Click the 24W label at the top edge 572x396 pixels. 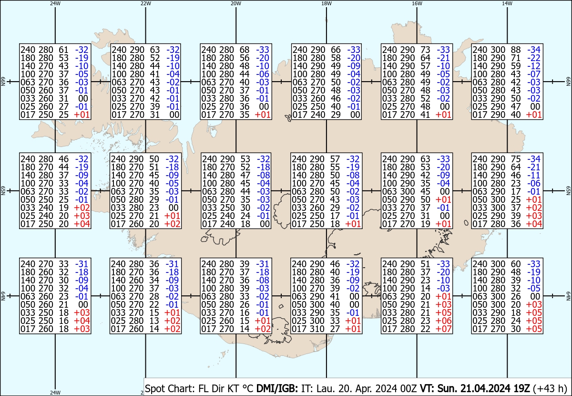55,3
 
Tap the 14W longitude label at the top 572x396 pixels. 507,3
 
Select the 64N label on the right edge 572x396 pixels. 568,298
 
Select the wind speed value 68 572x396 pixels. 244,49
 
